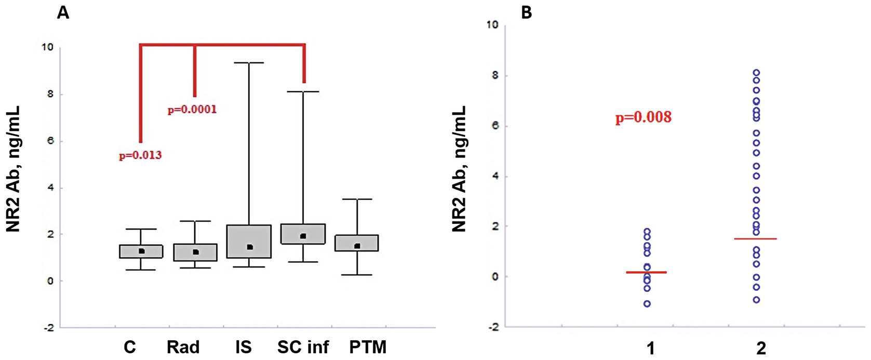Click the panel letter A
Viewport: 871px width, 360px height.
pos(63,12)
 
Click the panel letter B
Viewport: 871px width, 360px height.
pos(527,12)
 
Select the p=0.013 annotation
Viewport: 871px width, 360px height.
pos(140,155)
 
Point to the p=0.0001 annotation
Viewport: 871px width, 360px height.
pos(192,110)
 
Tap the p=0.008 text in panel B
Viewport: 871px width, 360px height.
pos(644,117)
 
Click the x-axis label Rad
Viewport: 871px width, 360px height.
pos(183,346)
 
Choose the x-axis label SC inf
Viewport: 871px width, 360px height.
pos(303,346)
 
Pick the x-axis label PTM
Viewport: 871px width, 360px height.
pos(368,346)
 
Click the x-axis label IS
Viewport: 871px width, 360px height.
pos(243,346)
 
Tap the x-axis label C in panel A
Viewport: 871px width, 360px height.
pos(130,346)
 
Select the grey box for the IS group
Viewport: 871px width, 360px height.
pos(249,241)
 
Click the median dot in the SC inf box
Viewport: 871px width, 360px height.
pos(303,236)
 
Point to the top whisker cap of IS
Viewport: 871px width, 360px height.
pos(249,63)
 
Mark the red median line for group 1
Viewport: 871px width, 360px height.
pos(647,272)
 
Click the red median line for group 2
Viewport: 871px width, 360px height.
pos(756,239)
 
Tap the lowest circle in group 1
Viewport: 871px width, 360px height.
pos(647,304)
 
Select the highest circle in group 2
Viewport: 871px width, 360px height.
pos(757,73)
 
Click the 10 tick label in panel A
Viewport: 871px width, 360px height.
pos(47,47)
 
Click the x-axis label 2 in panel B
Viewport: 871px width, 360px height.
pos(761,348)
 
